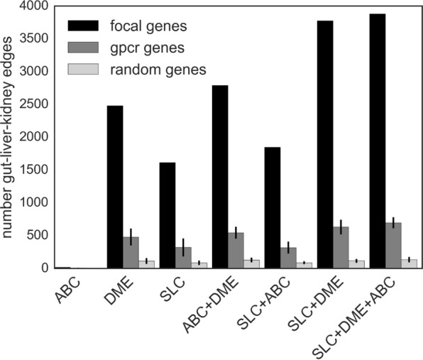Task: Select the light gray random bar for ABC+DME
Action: [252, 263]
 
